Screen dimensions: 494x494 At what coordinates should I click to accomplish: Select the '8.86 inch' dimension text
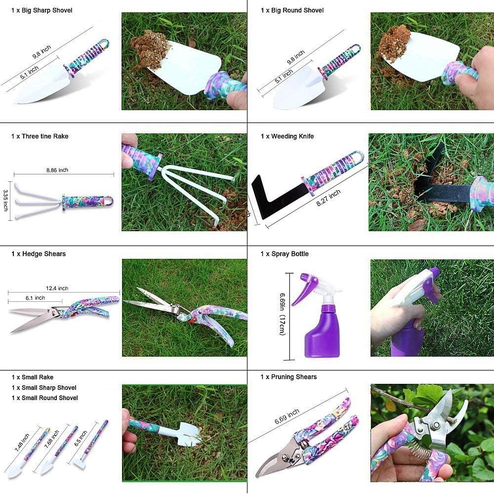[x=57, y=170]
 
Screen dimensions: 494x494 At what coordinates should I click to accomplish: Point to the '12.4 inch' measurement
[x=57, y=288]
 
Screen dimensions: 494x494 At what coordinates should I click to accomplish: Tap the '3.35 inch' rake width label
[x=6, y=200]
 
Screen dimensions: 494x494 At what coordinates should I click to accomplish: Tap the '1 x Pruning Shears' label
[x=288, y=377]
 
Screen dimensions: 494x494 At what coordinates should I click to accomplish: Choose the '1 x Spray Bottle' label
[x=285, y=254]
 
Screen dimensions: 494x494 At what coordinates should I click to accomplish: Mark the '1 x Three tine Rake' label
[x=40, y=136]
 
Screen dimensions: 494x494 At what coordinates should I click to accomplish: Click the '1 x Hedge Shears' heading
[x=39, y=254]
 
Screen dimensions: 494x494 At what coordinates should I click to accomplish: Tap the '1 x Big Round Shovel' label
[x=292, y=10]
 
